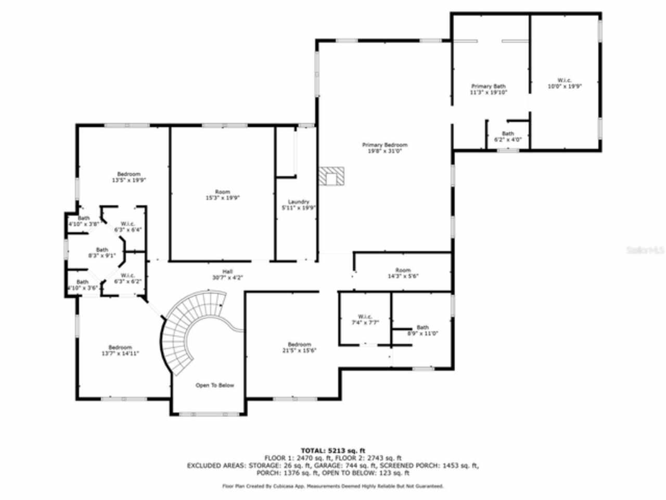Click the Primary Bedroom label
click(385, 148)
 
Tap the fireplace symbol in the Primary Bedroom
click(331, 176)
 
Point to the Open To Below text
click(214, 385)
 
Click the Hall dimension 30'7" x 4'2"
click(227, 278)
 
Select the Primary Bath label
click(488, 89)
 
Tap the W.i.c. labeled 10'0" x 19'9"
click(564, 83)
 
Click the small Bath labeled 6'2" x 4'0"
click(507, 136)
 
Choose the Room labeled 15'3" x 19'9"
click(222, 195)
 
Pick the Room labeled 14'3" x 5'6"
click(403, 273)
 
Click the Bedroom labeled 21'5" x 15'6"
click(299, 347)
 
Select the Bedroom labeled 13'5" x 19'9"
click(129, 177)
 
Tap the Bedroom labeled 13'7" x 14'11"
click(120, 350)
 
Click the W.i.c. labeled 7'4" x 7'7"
click(364, 319)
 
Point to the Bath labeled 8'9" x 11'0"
click(422, 330)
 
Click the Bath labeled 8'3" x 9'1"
click(102, 253)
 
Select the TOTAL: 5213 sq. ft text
click(333, 450)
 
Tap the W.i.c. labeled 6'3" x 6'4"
click(128, 227)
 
